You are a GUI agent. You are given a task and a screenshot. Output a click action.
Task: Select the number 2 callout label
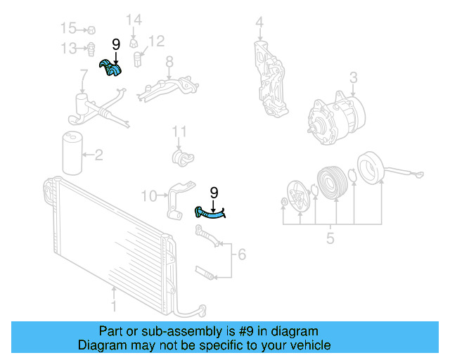pyautogui.click(x=98, y=154)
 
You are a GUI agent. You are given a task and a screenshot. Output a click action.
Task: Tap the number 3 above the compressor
pyautogui.click(x=353, y=77)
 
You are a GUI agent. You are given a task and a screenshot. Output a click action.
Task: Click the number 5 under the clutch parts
pyautogui.click(x=330, y=239)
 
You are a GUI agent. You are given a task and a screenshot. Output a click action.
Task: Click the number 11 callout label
pyautogui.click(x=180, y=131)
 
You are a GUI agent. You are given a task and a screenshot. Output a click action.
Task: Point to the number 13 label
pyautogui.click(x=67, y=48)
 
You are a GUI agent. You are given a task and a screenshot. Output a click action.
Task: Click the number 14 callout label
pyautogui.click(x=134, y=19)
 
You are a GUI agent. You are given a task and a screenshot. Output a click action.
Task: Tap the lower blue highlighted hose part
pyautogui.click(x=209, y=213)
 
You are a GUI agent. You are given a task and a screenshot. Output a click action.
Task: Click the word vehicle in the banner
pyautogui.click(x=306, y=345)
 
